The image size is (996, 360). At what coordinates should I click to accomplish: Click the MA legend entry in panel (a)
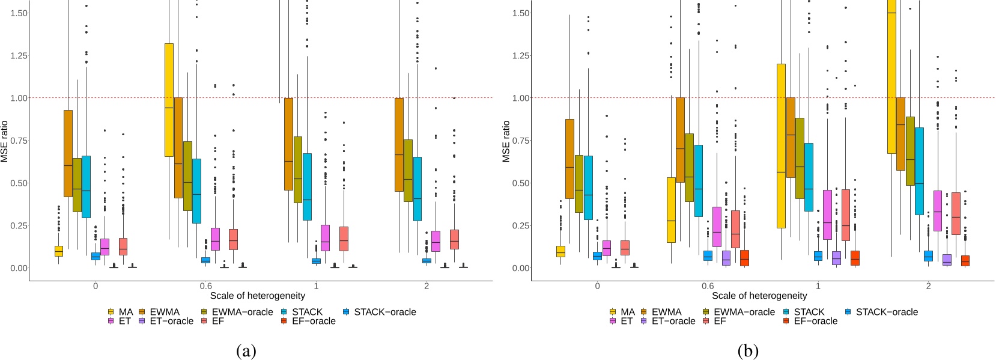pyautogui.click(x=120, y=312)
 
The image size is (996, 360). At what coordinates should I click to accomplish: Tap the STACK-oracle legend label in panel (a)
pyautogui.click(x=384, y=312)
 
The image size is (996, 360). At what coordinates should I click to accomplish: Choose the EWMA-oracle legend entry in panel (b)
pyautogui.click(x=738, y=312)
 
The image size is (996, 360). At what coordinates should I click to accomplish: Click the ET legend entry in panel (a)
pyautogui.click(x=120, y=321)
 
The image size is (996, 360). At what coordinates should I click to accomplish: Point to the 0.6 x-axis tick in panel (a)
pyautogui.click(x=206, y=286)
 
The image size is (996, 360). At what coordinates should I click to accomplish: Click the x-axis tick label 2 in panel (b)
pyautogui.click(x=928, y=286)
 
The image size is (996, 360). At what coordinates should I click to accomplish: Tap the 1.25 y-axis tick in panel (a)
pyautogui.click(x=19, y=55)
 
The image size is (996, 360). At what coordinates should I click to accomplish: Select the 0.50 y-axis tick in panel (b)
pyautogui.click(x=521, y=183)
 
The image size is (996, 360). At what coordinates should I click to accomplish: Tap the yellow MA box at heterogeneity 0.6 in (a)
pyautogui.click(x=169, y=100)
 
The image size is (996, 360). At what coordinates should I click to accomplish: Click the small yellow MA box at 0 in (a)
pyautogui.click(x=58, y=251)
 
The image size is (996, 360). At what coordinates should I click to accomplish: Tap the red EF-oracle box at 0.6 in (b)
pyautogui.click(x=744, y=258)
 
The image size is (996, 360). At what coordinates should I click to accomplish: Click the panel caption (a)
pyautogui.click(x=246, y=351)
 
